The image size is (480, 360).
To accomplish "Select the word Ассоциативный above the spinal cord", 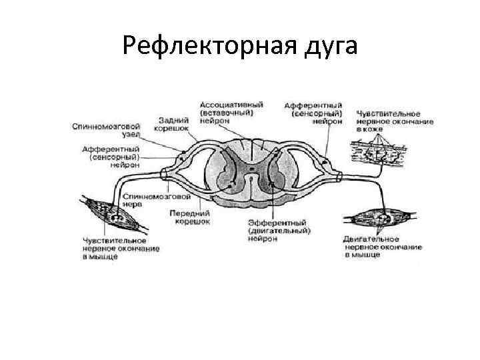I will (x=231, y=105).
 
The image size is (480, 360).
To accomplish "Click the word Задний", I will (x=172, y=120).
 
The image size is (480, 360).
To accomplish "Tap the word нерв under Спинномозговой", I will (x=139, y=205).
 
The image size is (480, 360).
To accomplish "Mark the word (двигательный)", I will (x=279, y=231).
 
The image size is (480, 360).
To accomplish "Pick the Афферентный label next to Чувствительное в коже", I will (x=313, y=106).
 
